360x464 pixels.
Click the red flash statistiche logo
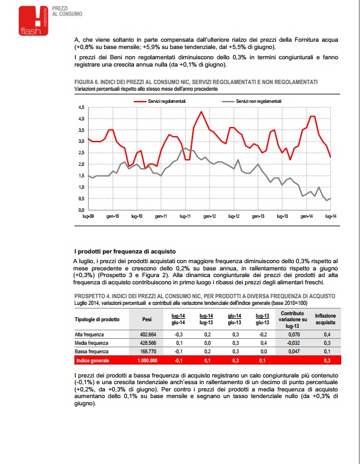coord(33,21)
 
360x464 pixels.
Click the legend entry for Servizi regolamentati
coord(160,101)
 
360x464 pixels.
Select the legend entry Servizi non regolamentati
coord(252,101)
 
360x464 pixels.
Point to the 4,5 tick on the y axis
coord(82,107)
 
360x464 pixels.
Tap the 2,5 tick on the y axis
coord(82,152)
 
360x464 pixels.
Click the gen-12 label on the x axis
coord(209,217)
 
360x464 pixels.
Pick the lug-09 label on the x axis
coord(88,217)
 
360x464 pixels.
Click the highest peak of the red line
coord(201,111)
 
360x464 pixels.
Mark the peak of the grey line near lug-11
coord(185,148)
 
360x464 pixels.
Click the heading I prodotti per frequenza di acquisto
coord(125,252)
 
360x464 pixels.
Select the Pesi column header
coord(147,319)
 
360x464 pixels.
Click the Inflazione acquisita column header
coord(325,319)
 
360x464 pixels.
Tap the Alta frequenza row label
coord(89,335)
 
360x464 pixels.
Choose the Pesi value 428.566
coord(148,343)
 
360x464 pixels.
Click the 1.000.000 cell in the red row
coord(148,361)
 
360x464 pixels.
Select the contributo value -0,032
coord(293,343)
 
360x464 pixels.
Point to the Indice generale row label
coord(93,361)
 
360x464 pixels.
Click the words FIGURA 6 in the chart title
coord(87,82)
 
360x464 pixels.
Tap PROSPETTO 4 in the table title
coord(92,296)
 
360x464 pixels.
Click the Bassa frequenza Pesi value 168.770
coord(148,351)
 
